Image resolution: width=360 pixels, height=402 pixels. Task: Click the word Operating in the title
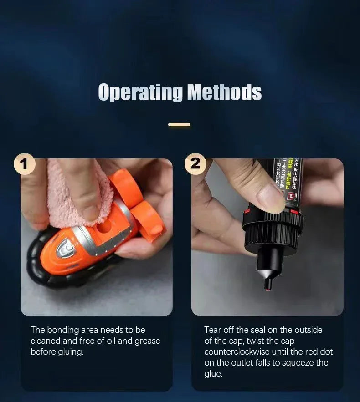click(140, 92)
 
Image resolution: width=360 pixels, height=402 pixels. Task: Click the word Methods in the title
click(224, 92)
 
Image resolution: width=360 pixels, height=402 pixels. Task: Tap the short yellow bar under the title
click(179, 124)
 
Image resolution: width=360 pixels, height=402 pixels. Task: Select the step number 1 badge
click(25, 164)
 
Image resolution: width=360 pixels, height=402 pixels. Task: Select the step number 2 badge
click(195, 164)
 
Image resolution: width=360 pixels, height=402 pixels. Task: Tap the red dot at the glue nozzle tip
click(268, 287)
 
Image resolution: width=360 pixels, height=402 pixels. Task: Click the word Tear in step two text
click(213, 330)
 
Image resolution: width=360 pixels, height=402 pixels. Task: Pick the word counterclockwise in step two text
click(237, 352)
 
